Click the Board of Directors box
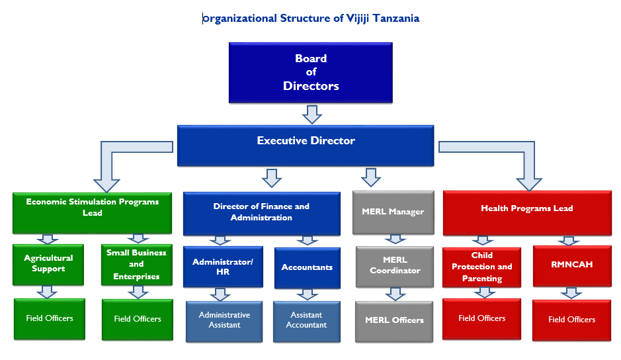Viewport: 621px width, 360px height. [310, 72]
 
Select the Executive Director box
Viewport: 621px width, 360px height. [306, 145]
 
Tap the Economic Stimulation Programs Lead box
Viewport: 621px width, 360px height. [92, 212]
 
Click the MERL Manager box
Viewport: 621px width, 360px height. [393, 212]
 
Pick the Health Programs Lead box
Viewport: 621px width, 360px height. [526, 212]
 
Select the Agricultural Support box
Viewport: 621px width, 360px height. [48, 264]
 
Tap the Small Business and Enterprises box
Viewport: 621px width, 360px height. [136, 265]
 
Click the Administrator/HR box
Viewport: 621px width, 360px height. [223, 267]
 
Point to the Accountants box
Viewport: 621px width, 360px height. [307, 267]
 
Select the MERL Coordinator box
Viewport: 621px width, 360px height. [394, 266]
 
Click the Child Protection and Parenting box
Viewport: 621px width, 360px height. [481, 267]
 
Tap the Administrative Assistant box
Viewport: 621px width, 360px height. [224, 321]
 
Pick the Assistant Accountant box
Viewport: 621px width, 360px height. [306, 321]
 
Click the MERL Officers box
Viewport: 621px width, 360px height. [394, 321]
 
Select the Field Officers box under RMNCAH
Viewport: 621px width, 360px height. [571, 320]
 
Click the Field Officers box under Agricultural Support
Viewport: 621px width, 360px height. [50, 319]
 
